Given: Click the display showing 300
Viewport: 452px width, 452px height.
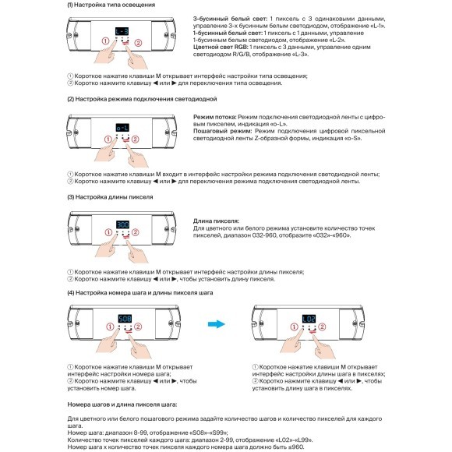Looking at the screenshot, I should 122,223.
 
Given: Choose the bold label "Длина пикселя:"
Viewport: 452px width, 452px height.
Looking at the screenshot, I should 216,221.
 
